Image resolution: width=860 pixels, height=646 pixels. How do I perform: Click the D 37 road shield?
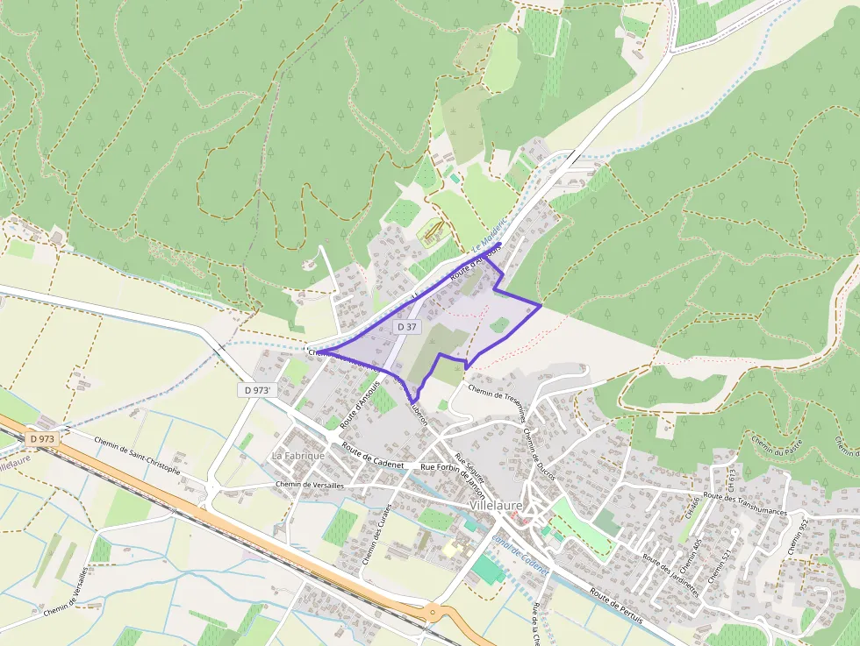point(406,326)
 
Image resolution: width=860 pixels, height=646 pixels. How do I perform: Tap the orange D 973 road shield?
point(42,437)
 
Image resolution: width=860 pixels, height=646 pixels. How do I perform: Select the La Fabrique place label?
point(298,456)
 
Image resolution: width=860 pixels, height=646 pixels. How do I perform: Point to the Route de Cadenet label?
point(372,455)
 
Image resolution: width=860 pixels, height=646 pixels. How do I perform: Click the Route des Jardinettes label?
point(670,574)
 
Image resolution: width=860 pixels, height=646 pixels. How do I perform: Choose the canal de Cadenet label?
point(520,555)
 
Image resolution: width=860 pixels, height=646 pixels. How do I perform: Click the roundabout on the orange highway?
point(434,613)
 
